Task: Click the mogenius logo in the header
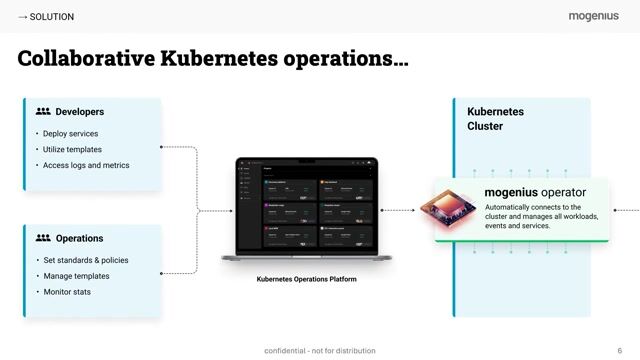click(x=594, y=16)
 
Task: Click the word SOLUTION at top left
click(x=51, y=17)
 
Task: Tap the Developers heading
click(x=80, y=112)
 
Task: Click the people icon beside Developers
click(x=43, y=112)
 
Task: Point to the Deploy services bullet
click(x=70, y=133)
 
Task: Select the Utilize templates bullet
click(x=72, y=149)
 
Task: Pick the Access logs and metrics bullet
click(x=86, y=165)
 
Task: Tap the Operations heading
click(x=79, y=238)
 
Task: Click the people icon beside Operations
click(x=43, y=238)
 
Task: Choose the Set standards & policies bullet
click(x=85, y=260)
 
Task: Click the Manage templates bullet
click(x=76, y=276)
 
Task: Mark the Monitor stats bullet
click(x=67, y=292)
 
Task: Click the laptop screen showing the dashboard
click(x=306, y=209)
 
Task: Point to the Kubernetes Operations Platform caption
click(x=306, y=279)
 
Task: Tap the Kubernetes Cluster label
click(x=495, y=119)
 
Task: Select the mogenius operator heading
click(x=535, y=192)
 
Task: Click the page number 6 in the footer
click(x=619, y=351)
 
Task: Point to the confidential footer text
click(x=320, y=351)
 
